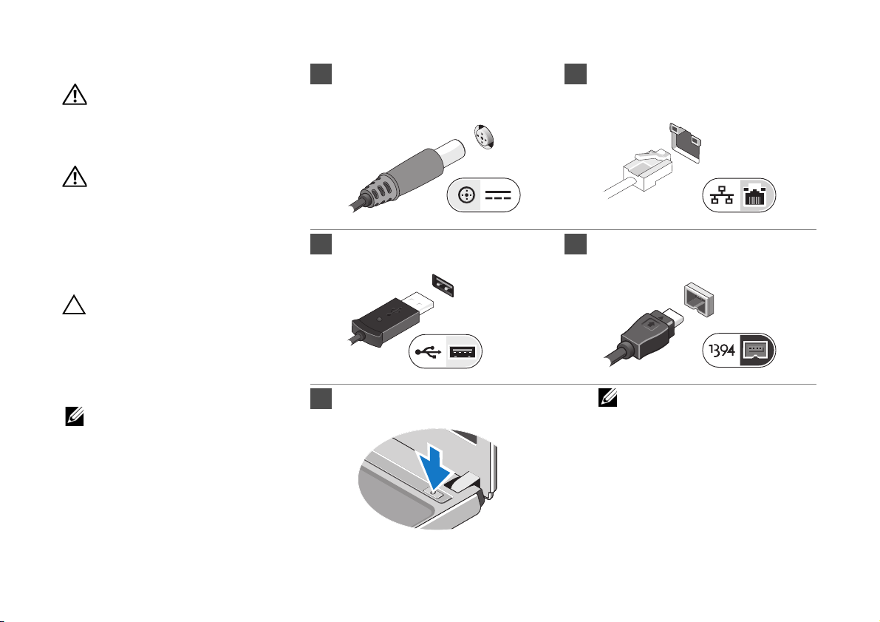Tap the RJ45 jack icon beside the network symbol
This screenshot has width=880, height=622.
click(755, 197)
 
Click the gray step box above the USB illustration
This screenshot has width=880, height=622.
click(318, 244)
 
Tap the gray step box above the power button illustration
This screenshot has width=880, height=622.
click(318, 399)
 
